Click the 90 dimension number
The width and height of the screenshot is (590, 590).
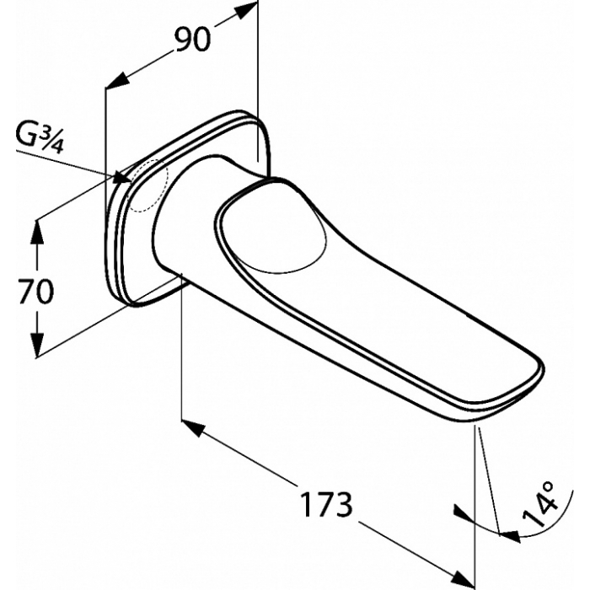pyautogui.click(x=192, y=40)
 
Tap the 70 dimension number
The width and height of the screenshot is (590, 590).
pyautogui.click(x=35, y=292)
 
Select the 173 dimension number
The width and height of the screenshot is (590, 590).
pyautogui.click(x=327, y=504)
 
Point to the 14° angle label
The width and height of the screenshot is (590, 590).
pyautogui.click(x=539, y=503)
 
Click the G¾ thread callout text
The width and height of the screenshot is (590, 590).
pyautogui.click(x=40, y=138)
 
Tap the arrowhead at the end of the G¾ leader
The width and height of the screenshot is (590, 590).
pyautogui.click(x=123, y=177)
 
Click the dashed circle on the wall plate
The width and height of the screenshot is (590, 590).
pyautogui.click(x=149, y=185)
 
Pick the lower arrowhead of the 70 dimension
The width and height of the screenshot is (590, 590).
pyautogui.click(x=37, y=345)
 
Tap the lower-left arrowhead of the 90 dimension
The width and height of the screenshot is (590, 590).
pyautogui.click(x=117, y=81)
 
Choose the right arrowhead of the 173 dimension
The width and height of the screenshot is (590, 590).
pyautogui.click(x=464, y=577)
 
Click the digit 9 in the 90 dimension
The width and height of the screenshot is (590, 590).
pyautogui.click(x=183, y=40)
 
